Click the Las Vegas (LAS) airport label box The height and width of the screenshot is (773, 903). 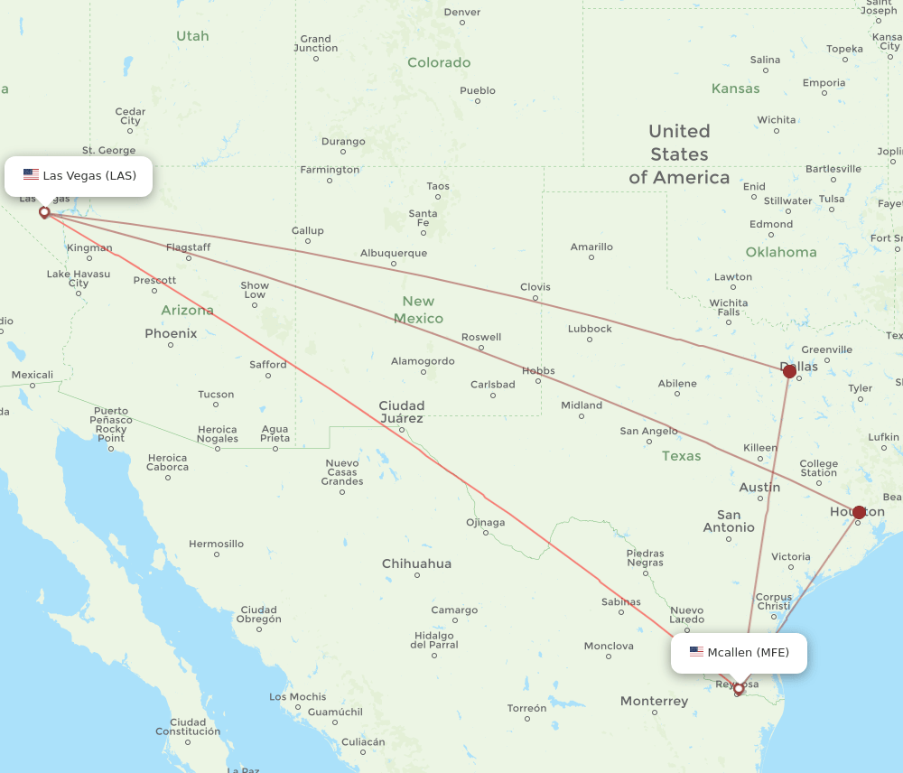(x=79, y=175)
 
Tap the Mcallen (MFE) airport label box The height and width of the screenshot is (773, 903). (x=739, y=652)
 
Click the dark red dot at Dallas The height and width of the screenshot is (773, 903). (x=789, y=371)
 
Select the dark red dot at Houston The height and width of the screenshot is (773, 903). (x=859, y=512)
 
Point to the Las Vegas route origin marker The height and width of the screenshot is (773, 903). (x=44, y=212)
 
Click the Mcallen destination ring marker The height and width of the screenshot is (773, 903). (x=739, y=689)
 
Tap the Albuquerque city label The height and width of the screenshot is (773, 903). (x=394, y=254)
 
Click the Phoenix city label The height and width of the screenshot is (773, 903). (x=171, y=333)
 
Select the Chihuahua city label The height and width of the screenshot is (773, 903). (x=416, y=563)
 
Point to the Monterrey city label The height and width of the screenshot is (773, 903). (x=655, y=701)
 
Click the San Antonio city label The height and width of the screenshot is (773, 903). (x=729, y=521)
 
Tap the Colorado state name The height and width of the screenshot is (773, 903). (x=439, y=62)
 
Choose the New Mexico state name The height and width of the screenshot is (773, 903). (x=418, y=310)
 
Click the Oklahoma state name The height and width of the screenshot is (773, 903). (x=781, y=252)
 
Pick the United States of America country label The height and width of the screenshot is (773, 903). (x=679, y=154)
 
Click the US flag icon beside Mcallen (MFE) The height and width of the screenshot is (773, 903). (x=696, y=652)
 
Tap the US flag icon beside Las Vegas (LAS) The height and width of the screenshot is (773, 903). (x=31, y=175)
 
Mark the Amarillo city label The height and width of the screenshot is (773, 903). (x=591, y=247)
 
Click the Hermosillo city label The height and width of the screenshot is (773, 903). (x=216, y=544)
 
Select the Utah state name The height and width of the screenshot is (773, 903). (x=192, y=36)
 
